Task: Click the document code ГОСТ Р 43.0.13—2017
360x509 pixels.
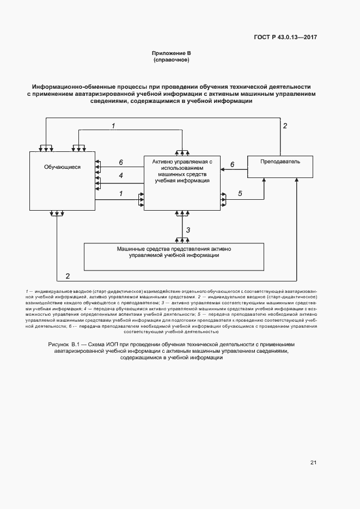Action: [x=285, y=38]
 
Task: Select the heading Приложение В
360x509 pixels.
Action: [x=171, y=53]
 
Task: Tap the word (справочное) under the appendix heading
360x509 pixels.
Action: [x=171, y=60]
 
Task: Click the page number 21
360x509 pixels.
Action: [x=313, y=463]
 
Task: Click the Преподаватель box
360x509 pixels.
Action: [x=280, y=166]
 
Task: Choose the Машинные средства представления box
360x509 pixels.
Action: [x=174, y=256]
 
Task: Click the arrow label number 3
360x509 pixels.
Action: [x=188, y=230]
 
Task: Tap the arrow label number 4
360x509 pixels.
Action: [x=121, y=175]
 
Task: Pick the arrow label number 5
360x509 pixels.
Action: [x=240, y=193]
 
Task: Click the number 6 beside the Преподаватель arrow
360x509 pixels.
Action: [x=233, y=164]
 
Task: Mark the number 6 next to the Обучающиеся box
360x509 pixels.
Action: [x=121, y=162]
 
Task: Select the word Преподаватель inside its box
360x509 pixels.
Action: [x=280, y=162]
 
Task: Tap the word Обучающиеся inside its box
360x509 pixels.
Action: [x=62, y=167]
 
